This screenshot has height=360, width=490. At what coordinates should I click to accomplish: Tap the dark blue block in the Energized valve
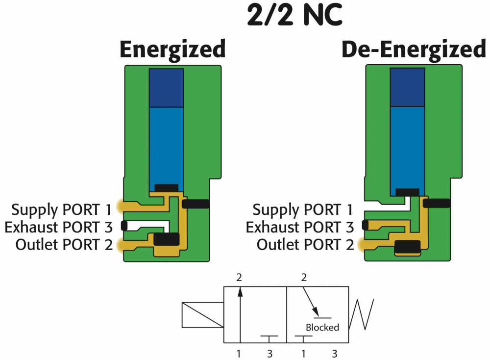[166, 88]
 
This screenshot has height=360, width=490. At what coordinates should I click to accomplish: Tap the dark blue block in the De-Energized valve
[407, 87]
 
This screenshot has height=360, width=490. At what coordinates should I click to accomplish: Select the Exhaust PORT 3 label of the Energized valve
[57, 227]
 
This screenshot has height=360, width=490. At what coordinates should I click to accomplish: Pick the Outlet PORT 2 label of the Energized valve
[64, 244]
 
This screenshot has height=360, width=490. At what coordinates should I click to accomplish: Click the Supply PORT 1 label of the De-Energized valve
[302, 210]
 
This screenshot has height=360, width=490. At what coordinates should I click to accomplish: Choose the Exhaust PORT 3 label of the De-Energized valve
[299, 227]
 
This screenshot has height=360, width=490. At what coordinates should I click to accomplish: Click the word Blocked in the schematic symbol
[322, 327]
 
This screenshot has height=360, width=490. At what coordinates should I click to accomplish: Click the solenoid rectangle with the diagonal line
[202, 315]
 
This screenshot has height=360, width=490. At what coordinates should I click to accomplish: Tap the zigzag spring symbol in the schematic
[363, 314]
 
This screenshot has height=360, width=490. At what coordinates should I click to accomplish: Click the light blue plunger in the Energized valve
[166, 147]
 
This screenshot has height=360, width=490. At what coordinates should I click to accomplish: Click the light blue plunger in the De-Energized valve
[407, 147]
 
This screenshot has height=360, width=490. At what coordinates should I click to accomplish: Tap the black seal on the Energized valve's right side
[196, 204]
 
